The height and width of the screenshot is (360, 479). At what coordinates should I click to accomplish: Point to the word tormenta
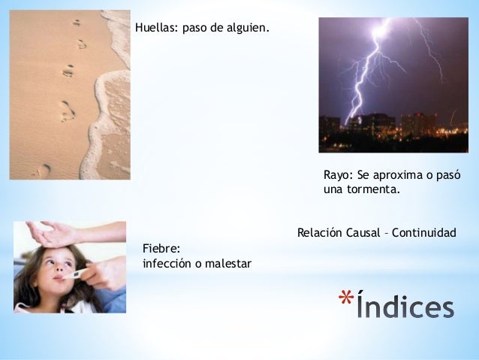pyautogui.click(x=372, y=189)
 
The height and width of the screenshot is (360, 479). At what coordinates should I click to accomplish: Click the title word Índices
pyautogui.click(x=405, y=307)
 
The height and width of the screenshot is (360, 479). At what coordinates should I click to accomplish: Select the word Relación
pyautogui.click(x=320, y=233)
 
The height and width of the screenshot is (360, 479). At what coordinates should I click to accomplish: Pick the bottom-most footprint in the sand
pyautogui.click(x=41, y=171)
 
